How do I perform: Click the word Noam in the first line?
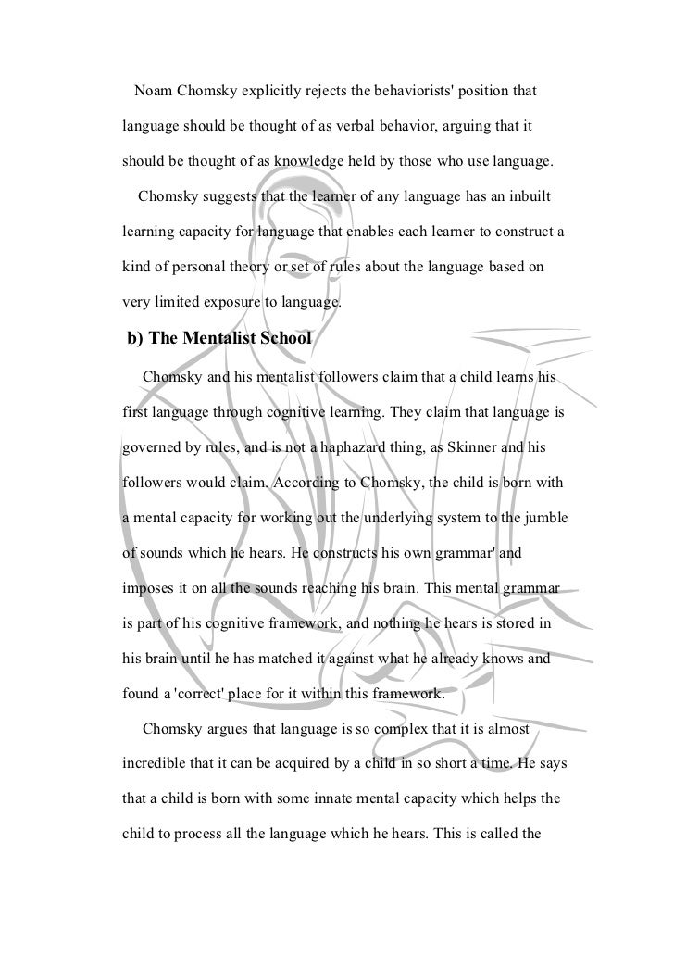tap(156, 94)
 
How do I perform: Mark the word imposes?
tap(152, 589)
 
